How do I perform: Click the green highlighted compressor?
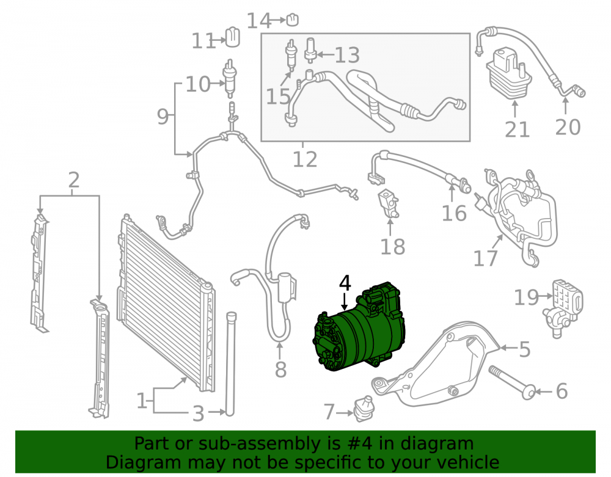tap(359, 327)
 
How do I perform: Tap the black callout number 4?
tap(345, 283)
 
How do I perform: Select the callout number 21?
tap(517, 129)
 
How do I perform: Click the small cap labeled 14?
tap(293, 20)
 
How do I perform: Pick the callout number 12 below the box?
tap(305, 159)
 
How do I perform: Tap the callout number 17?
tap(485, 258)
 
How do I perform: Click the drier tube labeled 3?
tap(230, 363)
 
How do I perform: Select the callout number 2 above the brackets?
tap(74, 180)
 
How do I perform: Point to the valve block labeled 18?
tap(389, 203)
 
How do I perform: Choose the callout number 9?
tap(163, 116)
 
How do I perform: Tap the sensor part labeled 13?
tap(310, 50)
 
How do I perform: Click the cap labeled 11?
tap(233, 37)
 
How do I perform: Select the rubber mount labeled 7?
tap(363, 409)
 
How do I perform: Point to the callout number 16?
tap(454, 213)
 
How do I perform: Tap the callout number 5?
tap(525, 349)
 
